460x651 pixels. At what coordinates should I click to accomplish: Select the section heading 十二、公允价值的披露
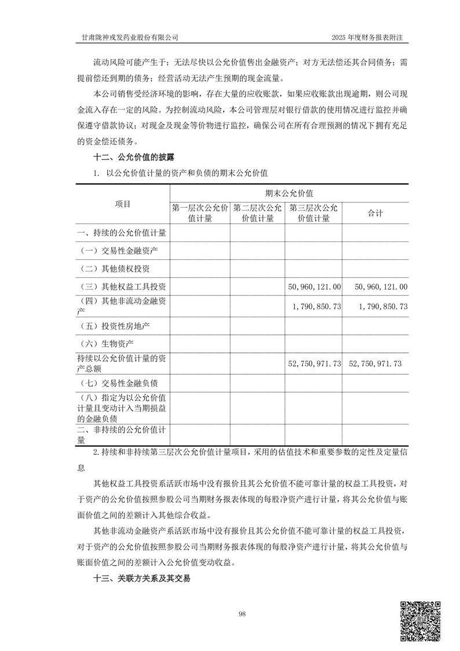coord(134,157)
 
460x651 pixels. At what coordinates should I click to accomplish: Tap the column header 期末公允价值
coord(289,193)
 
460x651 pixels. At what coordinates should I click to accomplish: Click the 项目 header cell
coord(123,204)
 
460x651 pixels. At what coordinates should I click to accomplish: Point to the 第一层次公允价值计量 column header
coord(200,213)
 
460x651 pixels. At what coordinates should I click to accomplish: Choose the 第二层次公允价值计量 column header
coord(258,213)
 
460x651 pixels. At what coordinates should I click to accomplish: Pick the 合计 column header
coord(375,213)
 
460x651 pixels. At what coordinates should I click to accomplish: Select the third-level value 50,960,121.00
coord(314,287)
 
